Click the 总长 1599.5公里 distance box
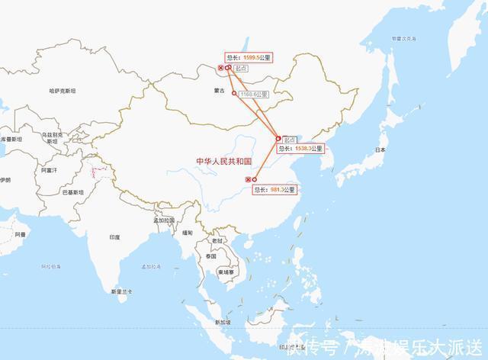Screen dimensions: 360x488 (249, 57)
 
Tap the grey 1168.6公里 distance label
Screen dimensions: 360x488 (254, 95)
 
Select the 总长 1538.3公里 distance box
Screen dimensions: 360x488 (300, 149)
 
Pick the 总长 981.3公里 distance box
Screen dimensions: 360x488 (274, 189)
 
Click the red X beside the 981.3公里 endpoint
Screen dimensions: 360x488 (247, 179)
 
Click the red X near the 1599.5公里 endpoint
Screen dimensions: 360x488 (220, 69)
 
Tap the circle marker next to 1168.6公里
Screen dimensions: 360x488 (234, 94)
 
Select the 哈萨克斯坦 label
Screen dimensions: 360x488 (63, 91)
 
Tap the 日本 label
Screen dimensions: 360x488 (379, 150)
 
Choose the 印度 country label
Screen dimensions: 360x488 (114, 237)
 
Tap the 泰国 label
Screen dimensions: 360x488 (210, 256)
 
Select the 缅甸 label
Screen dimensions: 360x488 (188, 232)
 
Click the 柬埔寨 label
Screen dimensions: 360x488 (228, 272)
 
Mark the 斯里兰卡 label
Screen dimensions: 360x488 (121, 291)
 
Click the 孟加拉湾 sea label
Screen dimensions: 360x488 (151, 266)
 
